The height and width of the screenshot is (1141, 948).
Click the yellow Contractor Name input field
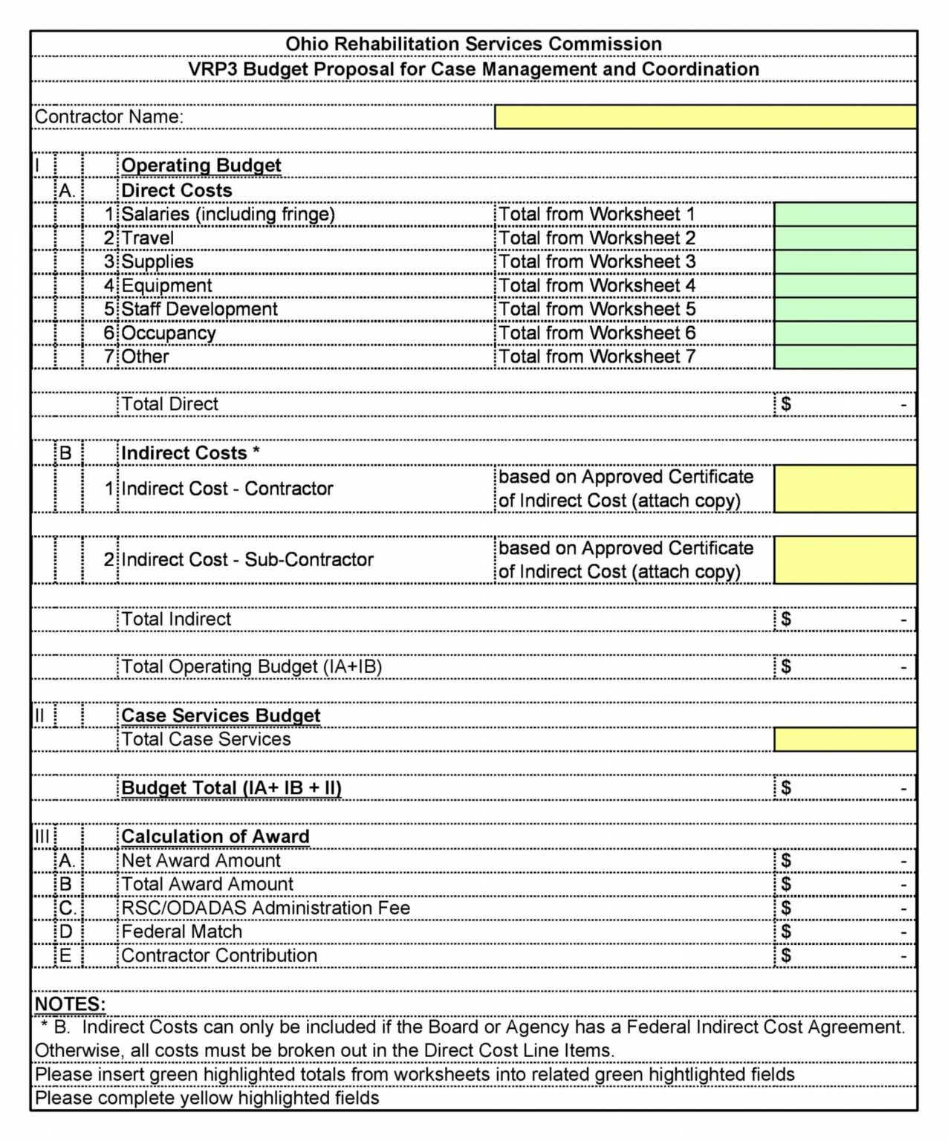point(705,117)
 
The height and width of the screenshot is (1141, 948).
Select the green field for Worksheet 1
point(845,214)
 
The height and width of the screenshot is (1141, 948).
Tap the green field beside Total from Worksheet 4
point(845,285)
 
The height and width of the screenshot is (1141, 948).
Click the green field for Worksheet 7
point(845,357)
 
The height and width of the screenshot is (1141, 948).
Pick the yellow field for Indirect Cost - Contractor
point(845,488)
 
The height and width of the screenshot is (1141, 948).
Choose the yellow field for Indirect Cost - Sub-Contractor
point(845,559)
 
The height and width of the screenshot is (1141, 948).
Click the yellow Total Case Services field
point(845,739)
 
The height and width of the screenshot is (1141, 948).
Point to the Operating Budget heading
point(201,166)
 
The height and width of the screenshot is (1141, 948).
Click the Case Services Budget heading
point(221,715)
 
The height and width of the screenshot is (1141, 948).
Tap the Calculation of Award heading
point(215,836)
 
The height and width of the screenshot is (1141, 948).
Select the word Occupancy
point(168,333)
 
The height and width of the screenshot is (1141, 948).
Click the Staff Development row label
point(199,309)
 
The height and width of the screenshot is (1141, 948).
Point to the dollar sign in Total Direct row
point(786,404)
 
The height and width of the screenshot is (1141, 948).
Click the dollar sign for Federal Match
point(786,932)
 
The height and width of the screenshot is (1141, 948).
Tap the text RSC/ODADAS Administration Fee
point(265,908)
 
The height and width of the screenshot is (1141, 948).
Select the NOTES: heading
point(70,1004)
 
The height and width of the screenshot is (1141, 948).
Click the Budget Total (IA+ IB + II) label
point(231,788)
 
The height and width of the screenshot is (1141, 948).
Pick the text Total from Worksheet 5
point(597,309)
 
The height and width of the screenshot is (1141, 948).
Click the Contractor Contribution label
point(219,955)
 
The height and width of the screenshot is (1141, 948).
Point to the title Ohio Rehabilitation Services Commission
point(473,44)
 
